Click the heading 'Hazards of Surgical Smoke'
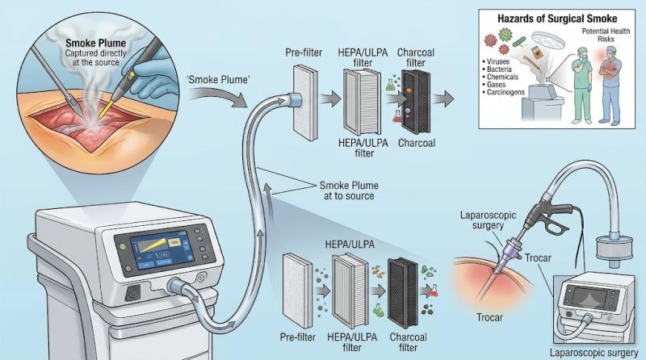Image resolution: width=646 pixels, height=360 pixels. (557, 19)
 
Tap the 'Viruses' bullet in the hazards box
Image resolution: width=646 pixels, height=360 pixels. (496, 61)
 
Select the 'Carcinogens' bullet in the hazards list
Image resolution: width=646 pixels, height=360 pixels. (503, 92)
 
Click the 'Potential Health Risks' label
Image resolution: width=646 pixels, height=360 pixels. (606, 35)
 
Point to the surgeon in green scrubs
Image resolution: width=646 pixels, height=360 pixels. (582, 85)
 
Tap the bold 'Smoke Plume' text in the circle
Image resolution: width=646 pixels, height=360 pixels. (95, 44)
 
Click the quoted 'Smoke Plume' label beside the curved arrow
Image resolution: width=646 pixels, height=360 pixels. (218, 79)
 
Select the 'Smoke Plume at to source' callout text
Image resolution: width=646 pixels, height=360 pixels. (349, 190)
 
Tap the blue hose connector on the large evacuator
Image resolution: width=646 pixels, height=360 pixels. (175, 286)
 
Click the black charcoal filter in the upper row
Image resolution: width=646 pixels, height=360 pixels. (416, 102)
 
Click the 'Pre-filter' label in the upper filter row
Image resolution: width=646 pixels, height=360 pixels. (304, 52)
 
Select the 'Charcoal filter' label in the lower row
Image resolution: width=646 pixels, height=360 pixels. (409, 342)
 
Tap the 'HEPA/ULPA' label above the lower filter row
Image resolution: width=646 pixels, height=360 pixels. (350, 245)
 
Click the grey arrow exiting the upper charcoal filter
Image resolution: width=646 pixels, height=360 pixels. (443, 98)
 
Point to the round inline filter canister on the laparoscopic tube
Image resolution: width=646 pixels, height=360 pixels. (615, 248)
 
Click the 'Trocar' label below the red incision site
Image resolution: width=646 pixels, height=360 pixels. (489, 317)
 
